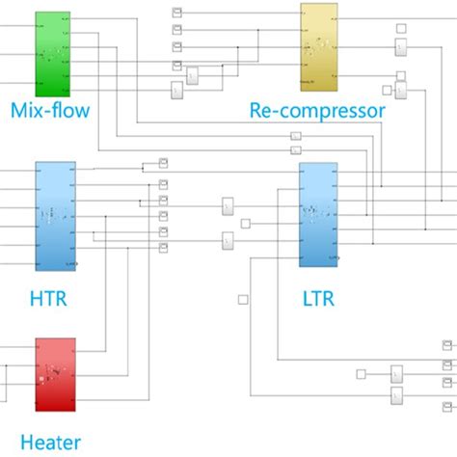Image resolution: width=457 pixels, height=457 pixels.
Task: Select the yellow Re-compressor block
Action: (x=319, y=44)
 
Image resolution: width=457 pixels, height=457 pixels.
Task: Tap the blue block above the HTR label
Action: (x=54, y=217)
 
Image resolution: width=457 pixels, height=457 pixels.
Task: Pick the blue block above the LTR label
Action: (x=317, y=215)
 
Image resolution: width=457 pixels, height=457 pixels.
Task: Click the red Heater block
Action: (x=55, y=372)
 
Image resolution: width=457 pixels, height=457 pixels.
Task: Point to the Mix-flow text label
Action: (x=50, y=110)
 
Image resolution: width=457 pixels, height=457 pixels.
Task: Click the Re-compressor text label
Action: (x=317, y=111)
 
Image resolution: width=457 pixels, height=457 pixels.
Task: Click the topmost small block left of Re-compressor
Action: (x=177, y=13)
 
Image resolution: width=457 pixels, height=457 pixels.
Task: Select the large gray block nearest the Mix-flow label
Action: (x=177, y=90)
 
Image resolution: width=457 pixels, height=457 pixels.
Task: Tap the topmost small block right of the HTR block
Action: (x=164, y=160)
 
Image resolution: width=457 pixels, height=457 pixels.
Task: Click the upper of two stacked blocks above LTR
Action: (x=295, y=136)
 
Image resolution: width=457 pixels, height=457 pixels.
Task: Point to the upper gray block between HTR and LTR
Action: (x=228, y=206)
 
